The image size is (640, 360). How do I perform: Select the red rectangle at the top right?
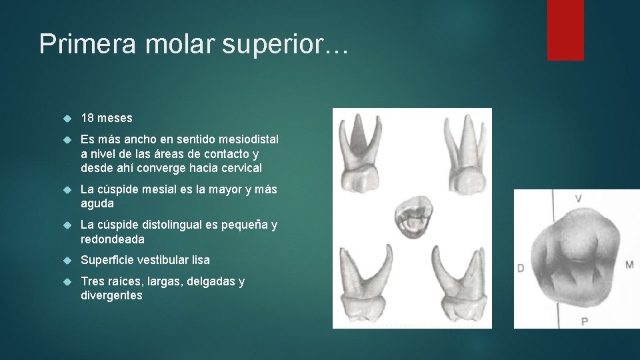(565, 30)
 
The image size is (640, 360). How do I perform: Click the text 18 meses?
(107, 118)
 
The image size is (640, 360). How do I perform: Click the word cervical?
(239, 168)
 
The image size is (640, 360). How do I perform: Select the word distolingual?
(177, 225)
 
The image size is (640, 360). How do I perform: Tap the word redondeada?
(113, 239)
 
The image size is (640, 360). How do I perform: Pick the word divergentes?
(111, 295)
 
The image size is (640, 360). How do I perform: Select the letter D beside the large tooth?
(521, 269)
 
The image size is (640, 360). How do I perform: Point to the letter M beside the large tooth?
(629, 265)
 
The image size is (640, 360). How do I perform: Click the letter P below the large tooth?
(584, 322)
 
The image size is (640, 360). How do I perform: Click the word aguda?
(97, 203)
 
